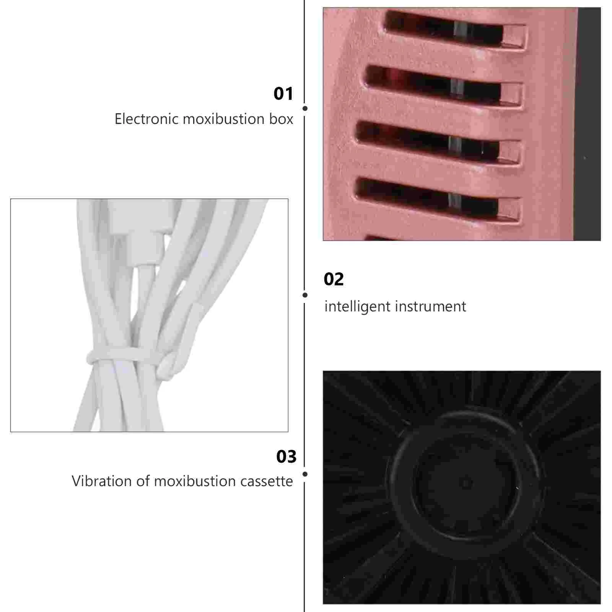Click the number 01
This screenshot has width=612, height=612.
pos(283,94)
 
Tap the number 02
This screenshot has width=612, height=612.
pos(334,279)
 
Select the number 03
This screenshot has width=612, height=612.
pos(286,457)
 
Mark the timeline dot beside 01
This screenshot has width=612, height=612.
pos(305,109)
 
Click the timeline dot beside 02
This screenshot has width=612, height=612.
pos(305,295)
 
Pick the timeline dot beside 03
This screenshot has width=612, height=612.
pos(305,474)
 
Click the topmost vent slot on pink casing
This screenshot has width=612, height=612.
pos(444,28)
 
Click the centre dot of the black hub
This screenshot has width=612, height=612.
pos(466,483)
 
